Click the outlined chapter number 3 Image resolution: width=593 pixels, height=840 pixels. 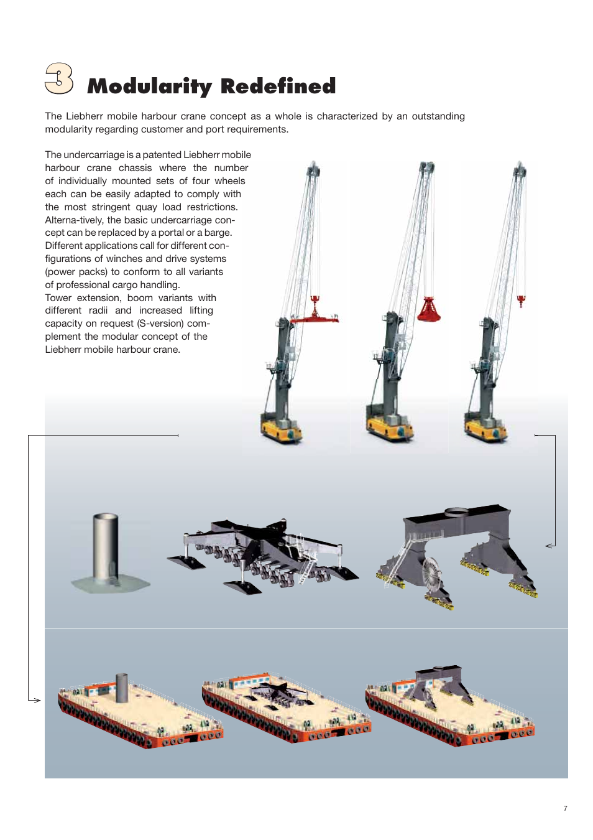(x=59, y=78)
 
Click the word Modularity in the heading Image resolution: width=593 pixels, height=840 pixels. (x=150, y=86)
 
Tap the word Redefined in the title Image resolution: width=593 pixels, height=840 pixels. (x=278, y=86)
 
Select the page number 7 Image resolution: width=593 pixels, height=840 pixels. (x=565, y=808)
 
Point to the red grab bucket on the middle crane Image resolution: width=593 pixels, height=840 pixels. (x=428, y=309)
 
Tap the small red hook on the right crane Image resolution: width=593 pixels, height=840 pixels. (x=521, y=302)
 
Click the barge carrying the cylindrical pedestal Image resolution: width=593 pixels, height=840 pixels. (x=140, y=712)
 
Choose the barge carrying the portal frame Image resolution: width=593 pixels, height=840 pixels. (x=449, y=706)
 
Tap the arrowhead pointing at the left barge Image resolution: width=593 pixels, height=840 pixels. (x=37, y=700)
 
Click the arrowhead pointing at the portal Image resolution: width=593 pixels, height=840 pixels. (x=549, y=546)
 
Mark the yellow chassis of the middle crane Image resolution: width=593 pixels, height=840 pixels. (x=390, y=429)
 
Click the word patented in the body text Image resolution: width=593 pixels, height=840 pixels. (x=162, y=155)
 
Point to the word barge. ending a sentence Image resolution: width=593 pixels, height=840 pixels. (x=218, y=233)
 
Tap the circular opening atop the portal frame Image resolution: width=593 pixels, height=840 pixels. (x=456, y=512)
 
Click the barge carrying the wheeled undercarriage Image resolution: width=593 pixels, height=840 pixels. (x=286, y=708)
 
